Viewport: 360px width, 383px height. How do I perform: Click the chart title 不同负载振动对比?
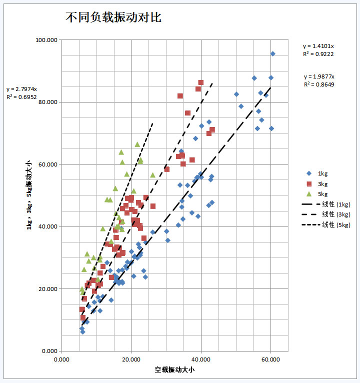coord(113,17)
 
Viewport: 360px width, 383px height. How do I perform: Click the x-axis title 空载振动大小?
coord(174,370)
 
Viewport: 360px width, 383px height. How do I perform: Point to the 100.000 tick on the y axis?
coord(46,40)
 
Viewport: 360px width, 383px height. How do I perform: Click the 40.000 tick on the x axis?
coord(201,359)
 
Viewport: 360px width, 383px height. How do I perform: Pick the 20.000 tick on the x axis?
coord(131,359)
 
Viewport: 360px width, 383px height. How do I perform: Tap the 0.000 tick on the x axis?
coord(61,359)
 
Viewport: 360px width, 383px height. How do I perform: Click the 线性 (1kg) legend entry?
coord(335,204)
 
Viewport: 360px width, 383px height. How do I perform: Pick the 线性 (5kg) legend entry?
coord(335,225)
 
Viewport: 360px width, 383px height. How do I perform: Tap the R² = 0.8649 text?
coord(319,84)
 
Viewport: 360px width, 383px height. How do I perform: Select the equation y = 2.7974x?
coord(22,89)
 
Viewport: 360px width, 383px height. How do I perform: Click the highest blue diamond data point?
coord(272,53)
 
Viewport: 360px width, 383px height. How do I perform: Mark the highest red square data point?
coord(200,82)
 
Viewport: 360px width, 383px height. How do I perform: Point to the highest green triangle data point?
coord(137,144)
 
